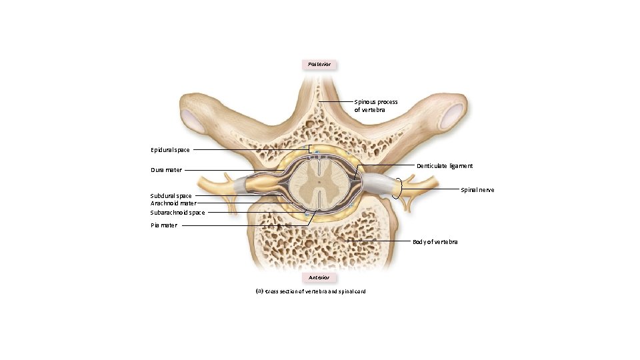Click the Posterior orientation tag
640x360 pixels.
tap(319, 65)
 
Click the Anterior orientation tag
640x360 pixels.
tap(319, 277)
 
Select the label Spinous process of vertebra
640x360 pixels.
tap(376, 105)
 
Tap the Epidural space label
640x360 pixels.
tap(170, 150)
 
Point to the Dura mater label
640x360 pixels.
tap(166, 170)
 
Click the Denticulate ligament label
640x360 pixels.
tap(445, 165)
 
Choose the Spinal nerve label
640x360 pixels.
tap(477, 190)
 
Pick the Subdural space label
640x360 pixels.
tap(171, 196)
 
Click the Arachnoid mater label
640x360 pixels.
tap(173, 203)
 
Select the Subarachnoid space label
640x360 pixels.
tap(177, 213)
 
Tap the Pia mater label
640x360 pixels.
tap(164, 225)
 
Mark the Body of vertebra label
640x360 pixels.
tap(435, 241)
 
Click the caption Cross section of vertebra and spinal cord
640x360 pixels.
tap(315, 291)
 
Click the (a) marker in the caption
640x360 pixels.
tap(259, 291)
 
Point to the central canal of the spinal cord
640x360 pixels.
tap(319, 181)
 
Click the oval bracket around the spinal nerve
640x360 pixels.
tap(399, 188)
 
